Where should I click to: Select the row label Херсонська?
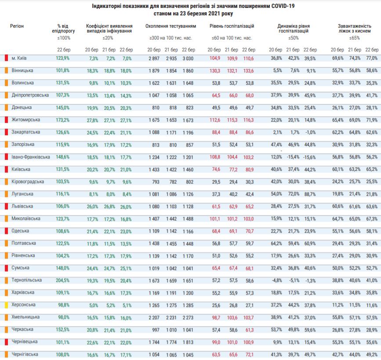pyautogui.click(x=24, y=304)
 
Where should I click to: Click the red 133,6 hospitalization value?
pyautogui.click(x=249, y=70)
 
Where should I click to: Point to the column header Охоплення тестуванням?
pyautogui.click(x=171, y=26)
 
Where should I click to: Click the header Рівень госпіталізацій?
pyautogui.click(x=232, y=26)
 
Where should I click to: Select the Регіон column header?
pyautogui.click(x=17, y=26)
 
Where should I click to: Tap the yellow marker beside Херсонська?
pyautogui.click(x=6, y=304)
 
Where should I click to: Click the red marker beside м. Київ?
pyautogui.click(x=6, y=58)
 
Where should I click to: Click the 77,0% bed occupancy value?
pyautogui.click(x=371, y=58)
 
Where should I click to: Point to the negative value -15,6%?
pyautogui.click(x=310, y=157)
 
